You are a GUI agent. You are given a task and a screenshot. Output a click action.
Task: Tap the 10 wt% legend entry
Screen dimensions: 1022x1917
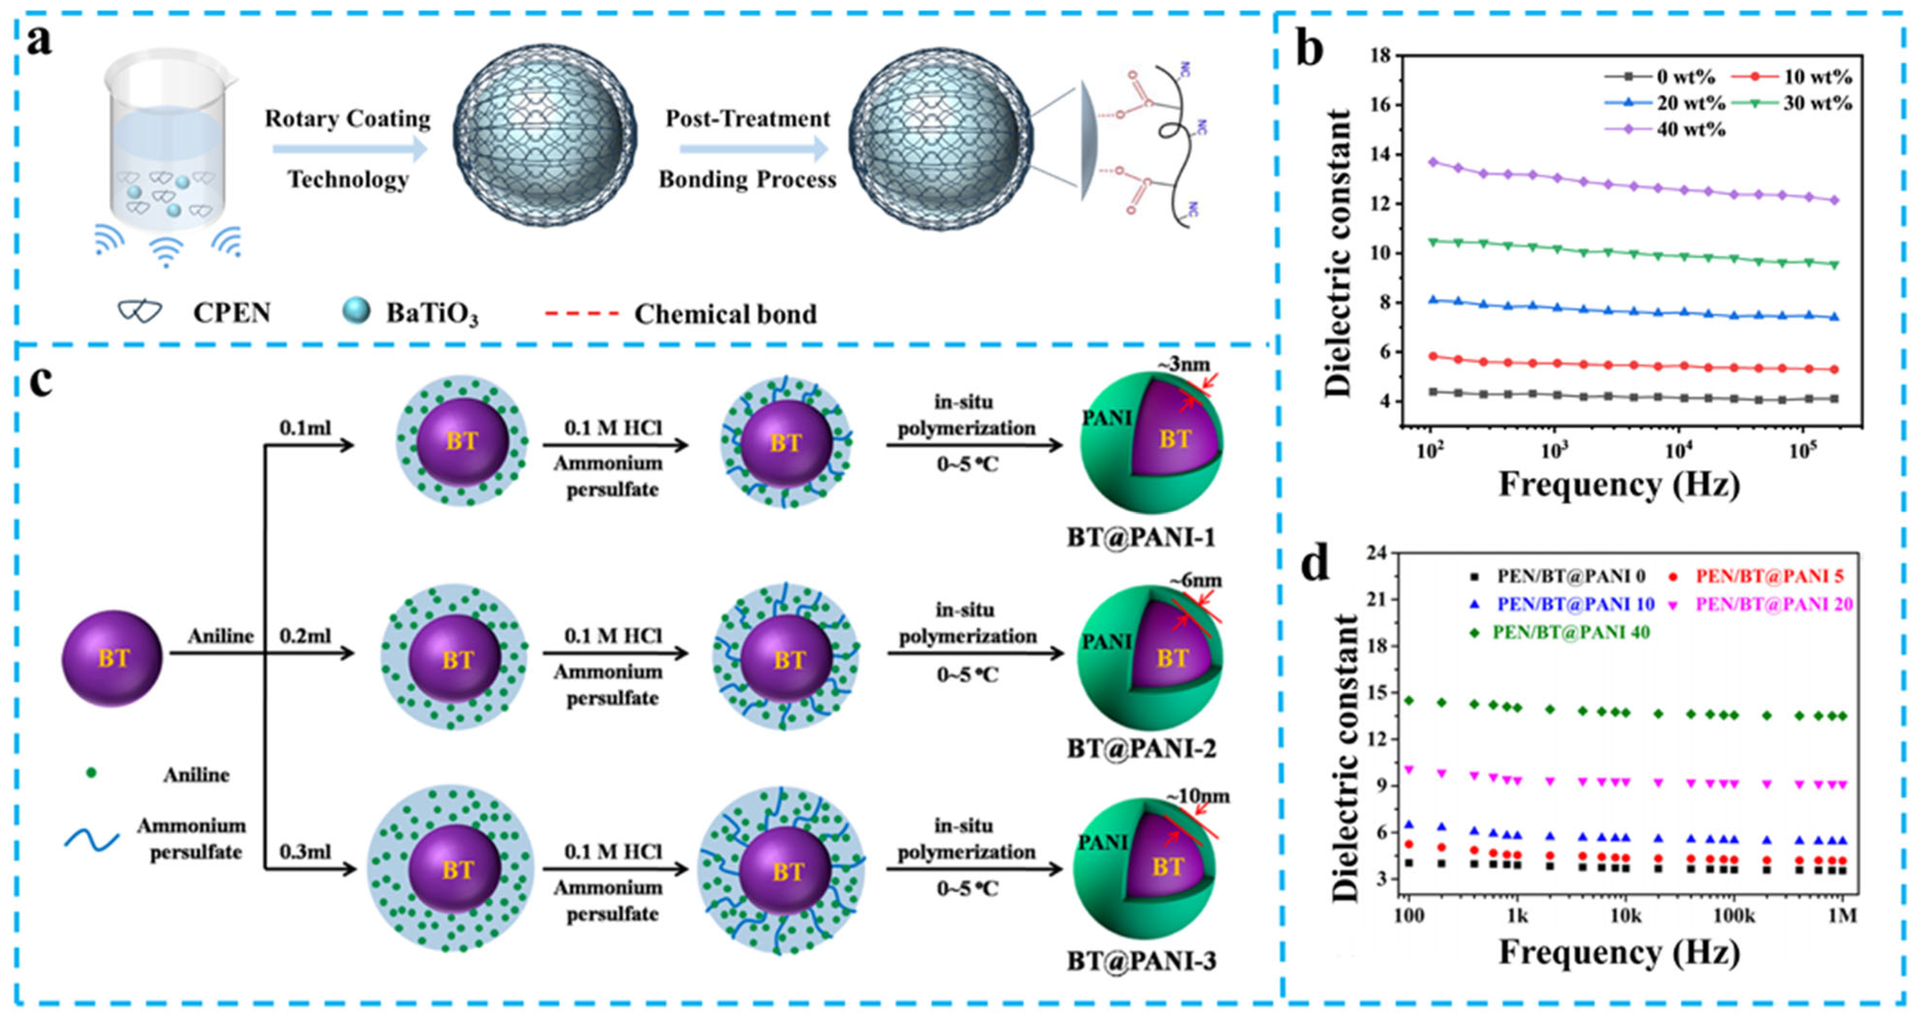click(1816, 77)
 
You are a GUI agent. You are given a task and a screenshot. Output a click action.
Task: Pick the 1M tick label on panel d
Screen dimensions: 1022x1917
click(1842, 915)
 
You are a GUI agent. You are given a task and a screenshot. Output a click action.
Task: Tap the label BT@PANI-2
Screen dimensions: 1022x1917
click(1141, 748)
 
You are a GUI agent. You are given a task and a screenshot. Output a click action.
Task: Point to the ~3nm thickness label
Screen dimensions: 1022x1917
click(1183, 364)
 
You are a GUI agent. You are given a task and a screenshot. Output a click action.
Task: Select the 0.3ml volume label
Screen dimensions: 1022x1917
click(304, 851)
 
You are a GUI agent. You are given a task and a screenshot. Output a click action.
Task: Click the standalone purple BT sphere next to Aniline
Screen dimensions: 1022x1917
click(111, 658)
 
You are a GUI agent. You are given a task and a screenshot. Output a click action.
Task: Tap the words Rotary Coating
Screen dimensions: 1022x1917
click(348, 119)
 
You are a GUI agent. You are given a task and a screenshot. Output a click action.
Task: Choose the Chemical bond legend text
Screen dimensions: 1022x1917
click(725, 314)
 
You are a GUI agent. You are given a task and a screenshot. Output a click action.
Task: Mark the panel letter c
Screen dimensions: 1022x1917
click(41, 381)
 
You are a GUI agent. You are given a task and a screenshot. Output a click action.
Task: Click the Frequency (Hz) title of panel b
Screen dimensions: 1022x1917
click(1618, 484)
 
